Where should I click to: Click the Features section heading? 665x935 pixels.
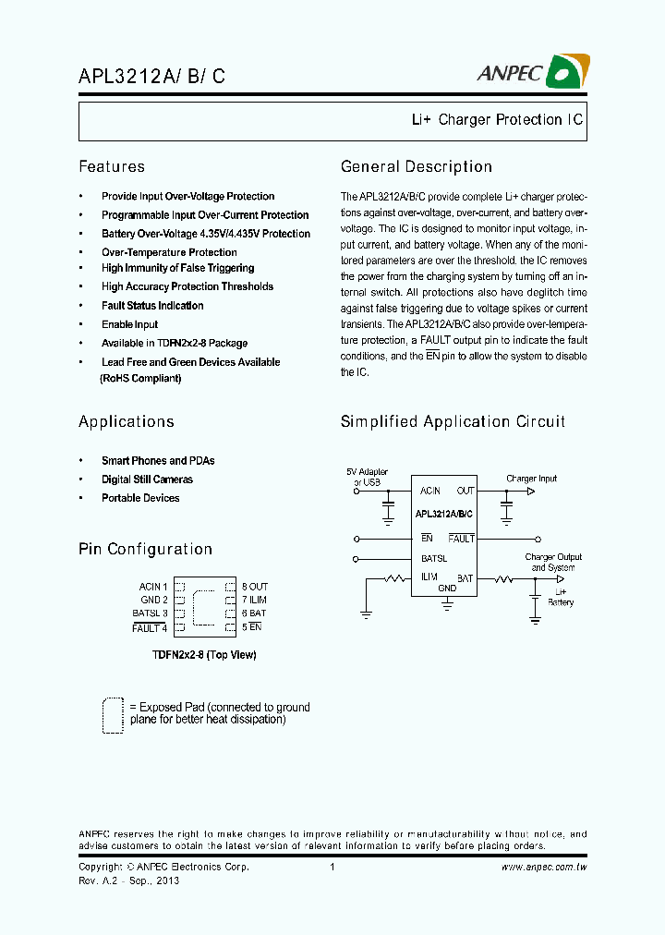click(x=112, y=167)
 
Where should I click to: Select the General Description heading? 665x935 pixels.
click(x=416, y=167)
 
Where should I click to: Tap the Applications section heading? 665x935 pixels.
click(x=127, y=422)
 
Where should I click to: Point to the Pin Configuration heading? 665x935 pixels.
click(x=145, y=550)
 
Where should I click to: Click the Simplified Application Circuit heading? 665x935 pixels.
click(x=453, y=422)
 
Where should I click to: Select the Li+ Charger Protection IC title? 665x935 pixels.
click(x=497, y=120)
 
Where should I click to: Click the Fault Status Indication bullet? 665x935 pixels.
click(x=152, y=306)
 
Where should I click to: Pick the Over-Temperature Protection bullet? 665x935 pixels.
click(x=169, y=252)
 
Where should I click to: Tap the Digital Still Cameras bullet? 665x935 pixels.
click(x=147, y=480)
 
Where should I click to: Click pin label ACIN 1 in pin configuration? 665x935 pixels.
click(x=153, y=587)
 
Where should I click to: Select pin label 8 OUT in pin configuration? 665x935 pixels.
click(x=255, y=587)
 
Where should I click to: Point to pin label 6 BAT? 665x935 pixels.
click(x=254, y=613)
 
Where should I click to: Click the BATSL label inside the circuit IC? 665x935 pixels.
click(x=434, y=558)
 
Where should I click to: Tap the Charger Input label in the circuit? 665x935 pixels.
click(x=531, y=479)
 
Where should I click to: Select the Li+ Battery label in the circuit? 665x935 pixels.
click(x=560, y=597)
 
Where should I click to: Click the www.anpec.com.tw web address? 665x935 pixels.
click(x=544, y=868)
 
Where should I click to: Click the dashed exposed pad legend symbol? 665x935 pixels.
click(x=113, y=714)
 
